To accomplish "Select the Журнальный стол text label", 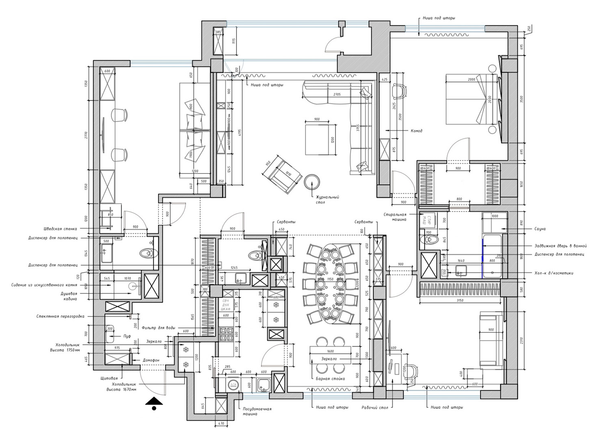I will [327, 200].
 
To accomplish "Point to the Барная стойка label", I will [330, 378].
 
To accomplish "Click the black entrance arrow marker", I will [154, 403].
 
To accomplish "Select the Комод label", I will [416, 131].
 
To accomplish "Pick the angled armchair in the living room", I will [283, 175].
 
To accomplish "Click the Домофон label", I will [151, 360].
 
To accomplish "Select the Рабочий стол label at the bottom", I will [375, 407].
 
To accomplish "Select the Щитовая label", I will [109, 378].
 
